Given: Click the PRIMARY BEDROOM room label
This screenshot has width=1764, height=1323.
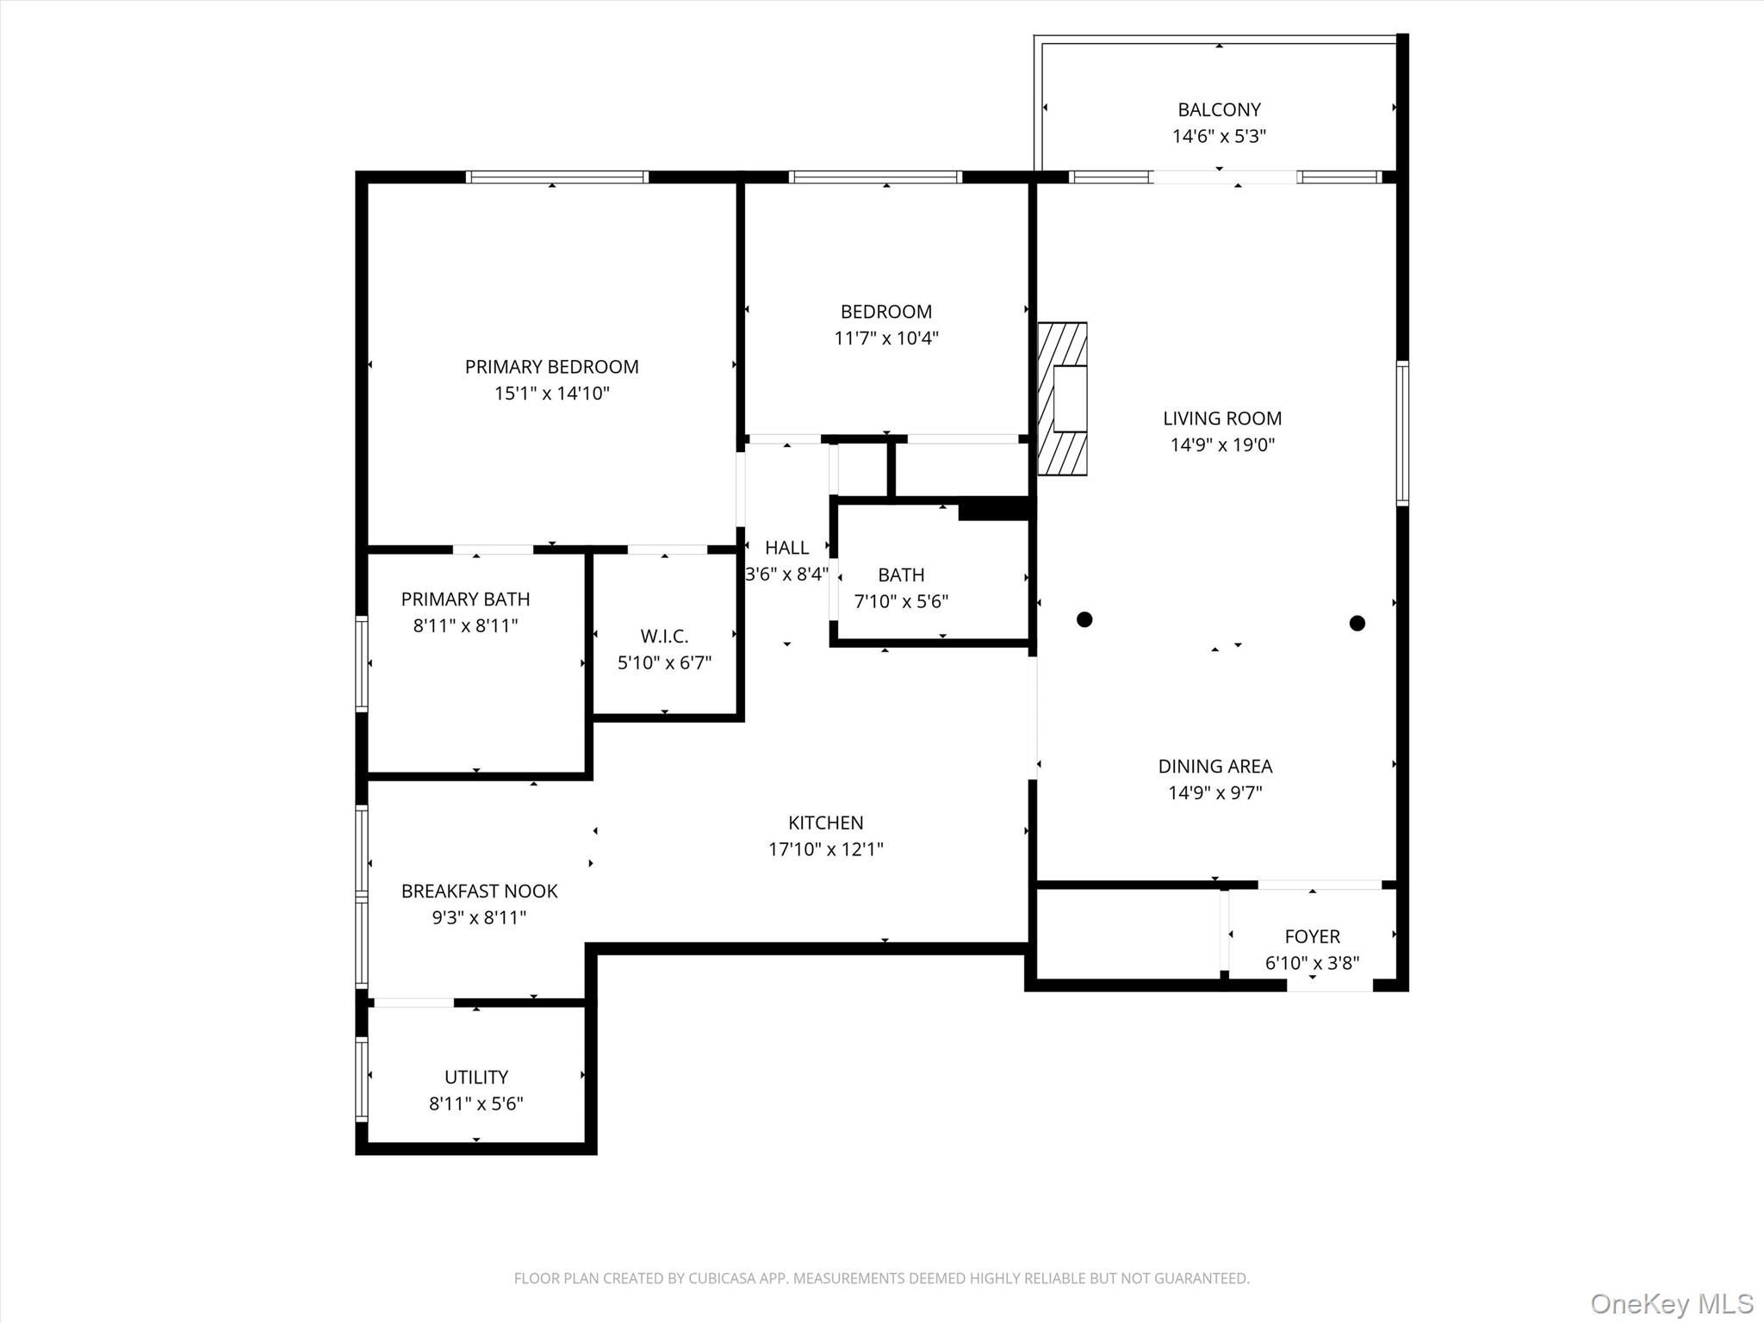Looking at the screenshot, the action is pos(552,367).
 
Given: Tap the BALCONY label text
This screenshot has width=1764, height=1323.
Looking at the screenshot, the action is pos(1219,109).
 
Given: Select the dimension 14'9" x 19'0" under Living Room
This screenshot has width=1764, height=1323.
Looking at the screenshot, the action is pos(1222,444).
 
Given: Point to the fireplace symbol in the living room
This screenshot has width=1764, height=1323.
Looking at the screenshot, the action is pos(1062,399).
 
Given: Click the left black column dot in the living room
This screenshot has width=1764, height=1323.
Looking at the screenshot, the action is pos(1084,619).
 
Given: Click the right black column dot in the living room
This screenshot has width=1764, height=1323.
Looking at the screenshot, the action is pos(1357,623).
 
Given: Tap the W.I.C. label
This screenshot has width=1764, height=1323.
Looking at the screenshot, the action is pos(664,637).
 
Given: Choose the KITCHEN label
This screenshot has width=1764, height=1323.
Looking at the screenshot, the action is pos(825,823).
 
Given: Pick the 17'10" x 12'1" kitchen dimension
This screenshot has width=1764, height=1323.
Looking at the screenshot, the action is pos(826,849).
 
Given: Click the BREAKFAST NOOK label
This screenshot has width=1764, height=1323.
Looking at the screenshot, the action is pos(479,891).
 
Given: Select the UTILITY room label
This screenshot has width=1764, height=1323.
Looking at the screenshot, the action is pos(476,1077).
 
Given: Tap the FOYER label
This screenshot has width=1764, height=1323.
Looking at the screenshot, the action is pos(1312,936).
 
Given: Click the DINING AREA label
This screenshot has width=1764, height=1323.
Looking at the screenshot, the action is pos(1214,766).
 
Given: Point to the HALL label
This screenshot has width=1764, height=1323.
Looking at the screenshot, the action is pos(786,548).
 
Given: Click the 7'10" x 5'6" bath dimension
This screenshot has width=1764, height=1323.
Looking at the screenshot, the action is pos(901,601).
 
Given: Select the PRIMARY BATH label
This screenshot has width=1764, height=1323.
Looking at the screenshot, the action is pos(465,599).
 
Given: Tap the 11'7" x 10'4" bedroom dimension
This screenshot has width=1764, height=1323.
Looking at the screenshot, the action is pos(886,338).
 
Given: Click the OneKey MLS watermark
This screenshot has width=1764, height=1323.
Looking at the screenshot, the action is pos(1672,1303).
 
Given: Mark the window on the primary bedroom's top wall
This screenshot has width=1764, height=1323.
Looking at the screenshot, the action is pos(557,177).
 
